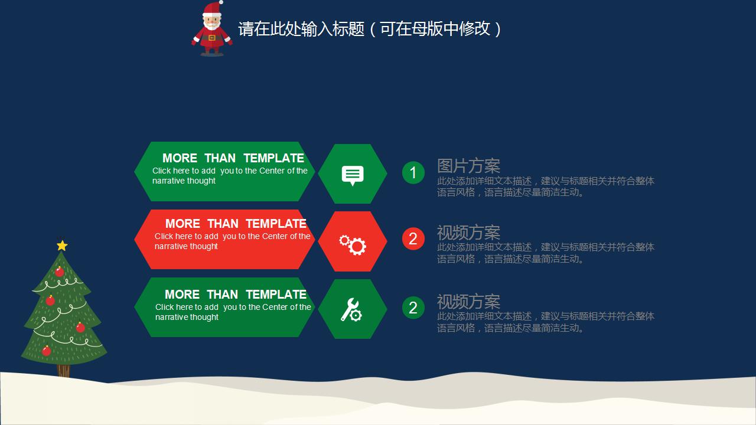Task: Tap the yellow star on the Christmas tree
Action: tap(62, 245)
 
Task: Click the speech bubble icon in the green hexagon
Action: tap(353, 175)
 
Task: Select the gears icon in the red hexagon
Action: tap(353, 243)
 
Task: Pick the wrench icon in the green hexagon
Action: tap(351, 309)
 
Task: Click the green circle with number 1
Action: tap(413, 172)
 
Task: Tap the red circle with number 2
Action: tap(413, 238)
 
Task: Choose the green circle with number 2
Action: tap(413, 308)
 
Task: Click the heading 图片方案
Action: tap(468, 166)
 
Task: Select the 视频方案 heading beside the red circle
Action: tap(468, 232)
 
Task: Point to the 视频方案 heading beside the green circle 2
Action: tap(468, 301)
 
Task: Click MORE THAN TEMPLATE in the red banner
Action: tap(236, 224)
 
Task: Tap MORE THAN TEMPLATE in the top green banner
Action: tap(233, 158)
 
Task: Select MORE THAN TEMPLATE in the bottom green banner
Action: tap(235, 295)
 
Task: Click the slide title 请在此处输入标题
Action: tap(370, 29)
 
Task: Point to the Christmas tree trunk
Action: tap(63, 371)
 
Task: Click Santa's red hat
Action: tap(212, 8)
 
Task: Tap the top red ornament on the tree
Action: tap(59, 272)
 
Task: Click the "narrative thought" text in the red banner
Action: tap(186, 247)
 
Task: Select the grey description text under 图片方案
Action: tap(545, 187)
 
